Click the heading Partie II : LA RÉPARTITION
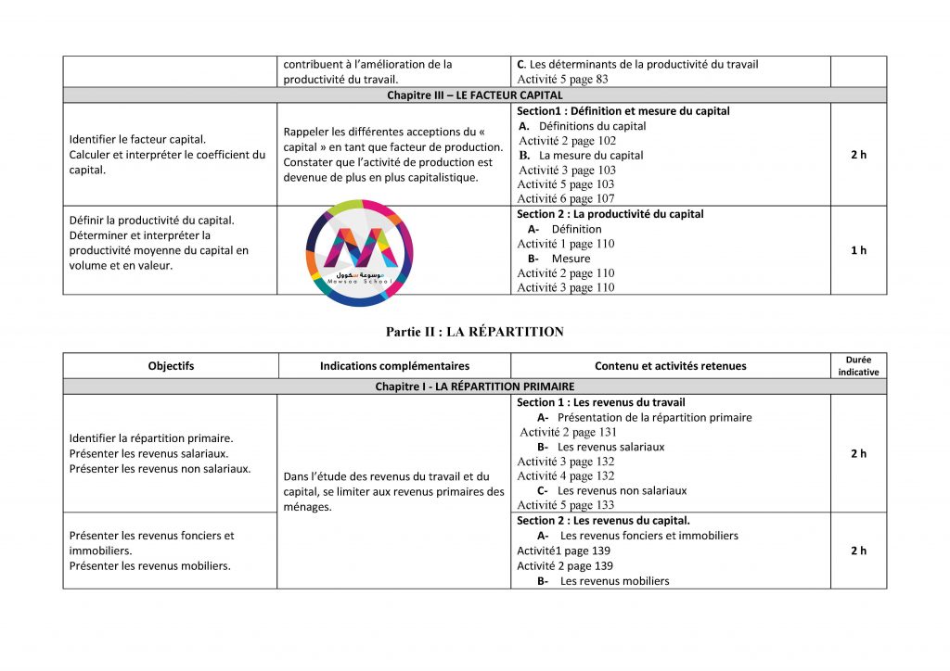pyautogui.click(x=474, y=332)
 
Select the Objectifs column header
pyautogui.click(x=171, y=366)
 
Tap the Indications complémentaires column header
pyautogui.click(x=394, y=366)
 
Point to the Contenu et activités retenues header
pyautogui.click(x=670, y=366)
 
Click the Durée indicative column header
pyautogui.click(x=858, y=365)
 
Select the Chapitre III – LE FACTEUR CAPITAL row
pyautogui.click(x=474, y=95)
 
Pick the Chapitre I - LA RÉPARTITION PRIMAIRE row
pyautogui.click(x=474, y=386)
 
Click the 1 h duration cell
pyautogui.click(x=858, y=250)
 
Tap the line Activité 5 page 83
pyautogui.click(x=562, y=79)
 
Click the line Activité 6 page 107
pyautogui.click(x=566, y=198)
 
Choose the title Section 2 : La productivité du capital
pyautogui.click(x=610, y=214)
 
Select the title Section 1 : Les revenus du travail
pyautogui.click(x=600, y=402)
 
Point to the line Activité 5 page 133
pyautogui.click(x=566, y=505)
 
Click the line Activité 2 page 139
pyautogui.click(x=565, y=565)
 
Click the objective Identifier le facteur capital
pyautogui.click(x=138, y=140)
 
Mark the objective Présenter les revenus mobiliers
pyautogui.click(x=150, y=565)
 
